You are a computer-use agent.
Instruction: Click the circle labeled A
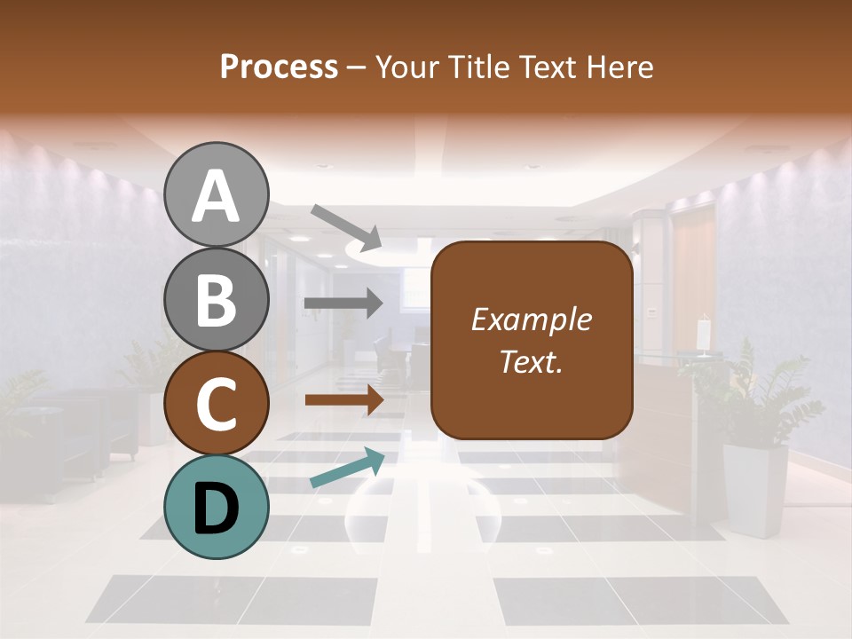pyautogui.click(x=217, y=194)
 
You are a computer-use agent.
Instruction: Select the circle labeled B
pyautogui.click(x=217, y=299)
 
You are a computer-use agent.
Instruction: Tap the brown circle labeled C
pyautogui.click(x=217, y=404)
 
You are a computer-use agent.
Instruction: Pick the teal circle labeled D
pyautogui.click(x=217, y=508)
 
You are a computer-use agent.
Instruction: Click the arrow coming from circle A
pyautogui.click(x=346, y=225)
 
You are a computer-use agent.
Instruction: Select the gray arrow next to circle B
pyautogui.click(x=343, y=304)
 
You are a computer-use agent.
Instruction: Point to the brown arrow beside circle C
pyautogui.click(x=343, y=400)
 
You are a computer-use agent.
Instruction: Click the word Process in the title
pyautogui.click(x=279, y=67)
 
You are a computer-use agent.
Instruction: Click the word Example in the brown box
pyautogui.click(x=531, y=319)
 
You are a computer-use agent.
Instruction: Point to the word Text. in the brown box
pyautogui.click(x=531, y=361)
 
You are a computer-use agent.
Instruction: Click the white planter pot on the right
pyautogui.click(x=755, y=488)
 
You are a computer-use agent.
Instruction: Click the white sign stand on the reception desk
pyautogui.click(x=704, y=335)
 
